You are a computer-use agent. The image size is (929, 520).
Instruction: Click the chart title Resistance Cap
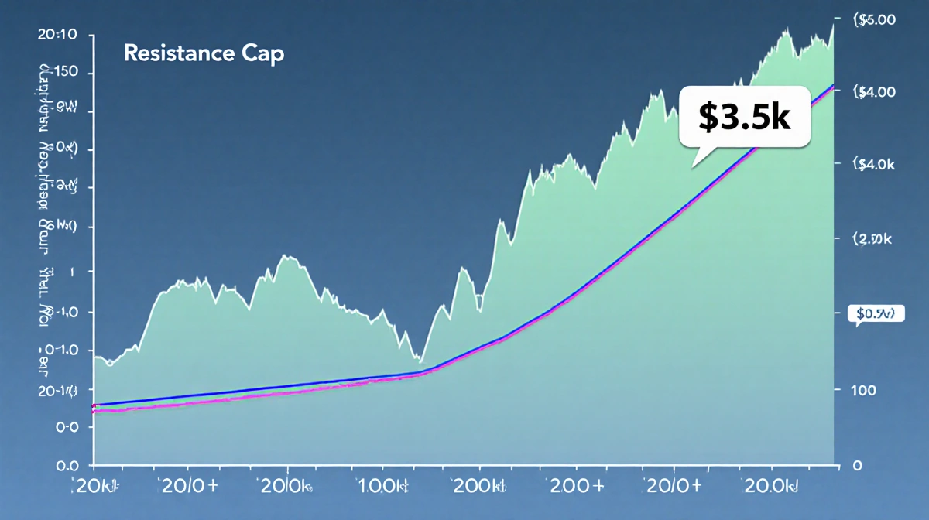(x=204, y=54)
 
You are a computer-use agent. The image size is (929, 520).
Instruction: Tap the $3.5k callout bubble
(x=744, y=116)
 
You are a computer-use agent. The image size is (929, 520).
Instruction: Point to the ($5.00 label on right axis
(x=873, y=21)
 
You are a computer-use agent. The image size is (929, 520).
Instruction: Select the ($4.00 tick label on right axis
(x=873, y=92)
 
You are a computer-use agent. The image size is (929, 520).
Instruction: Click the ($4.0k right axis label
(x=873, y=164)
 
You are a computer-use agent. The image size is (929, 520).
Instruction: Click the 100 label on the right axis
(x=862, y=390)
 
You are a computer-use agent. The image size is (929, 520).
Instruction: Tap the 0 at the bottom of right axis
(x=856, y=466)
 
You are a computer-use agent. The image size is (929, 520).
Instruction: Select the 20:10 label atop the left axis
(x=57, y=34)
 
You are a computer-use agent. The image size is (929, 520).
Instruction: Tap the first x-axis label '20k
(x=96, y=487)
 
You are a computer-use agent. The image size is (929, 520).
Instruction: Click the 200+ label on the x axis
(x=575, y=487)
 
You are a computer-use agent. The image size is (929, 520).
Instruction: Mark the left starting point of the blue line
(x=94, y=405)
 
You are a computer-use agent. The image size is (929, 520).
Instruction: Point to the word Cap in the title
(x=262, y=54)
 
